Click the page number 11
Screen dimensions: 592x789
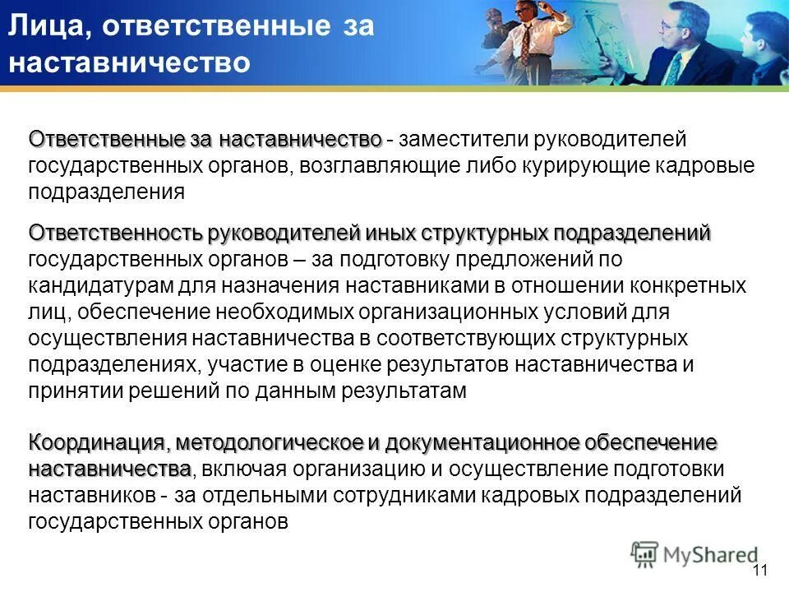coord(759,571)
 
